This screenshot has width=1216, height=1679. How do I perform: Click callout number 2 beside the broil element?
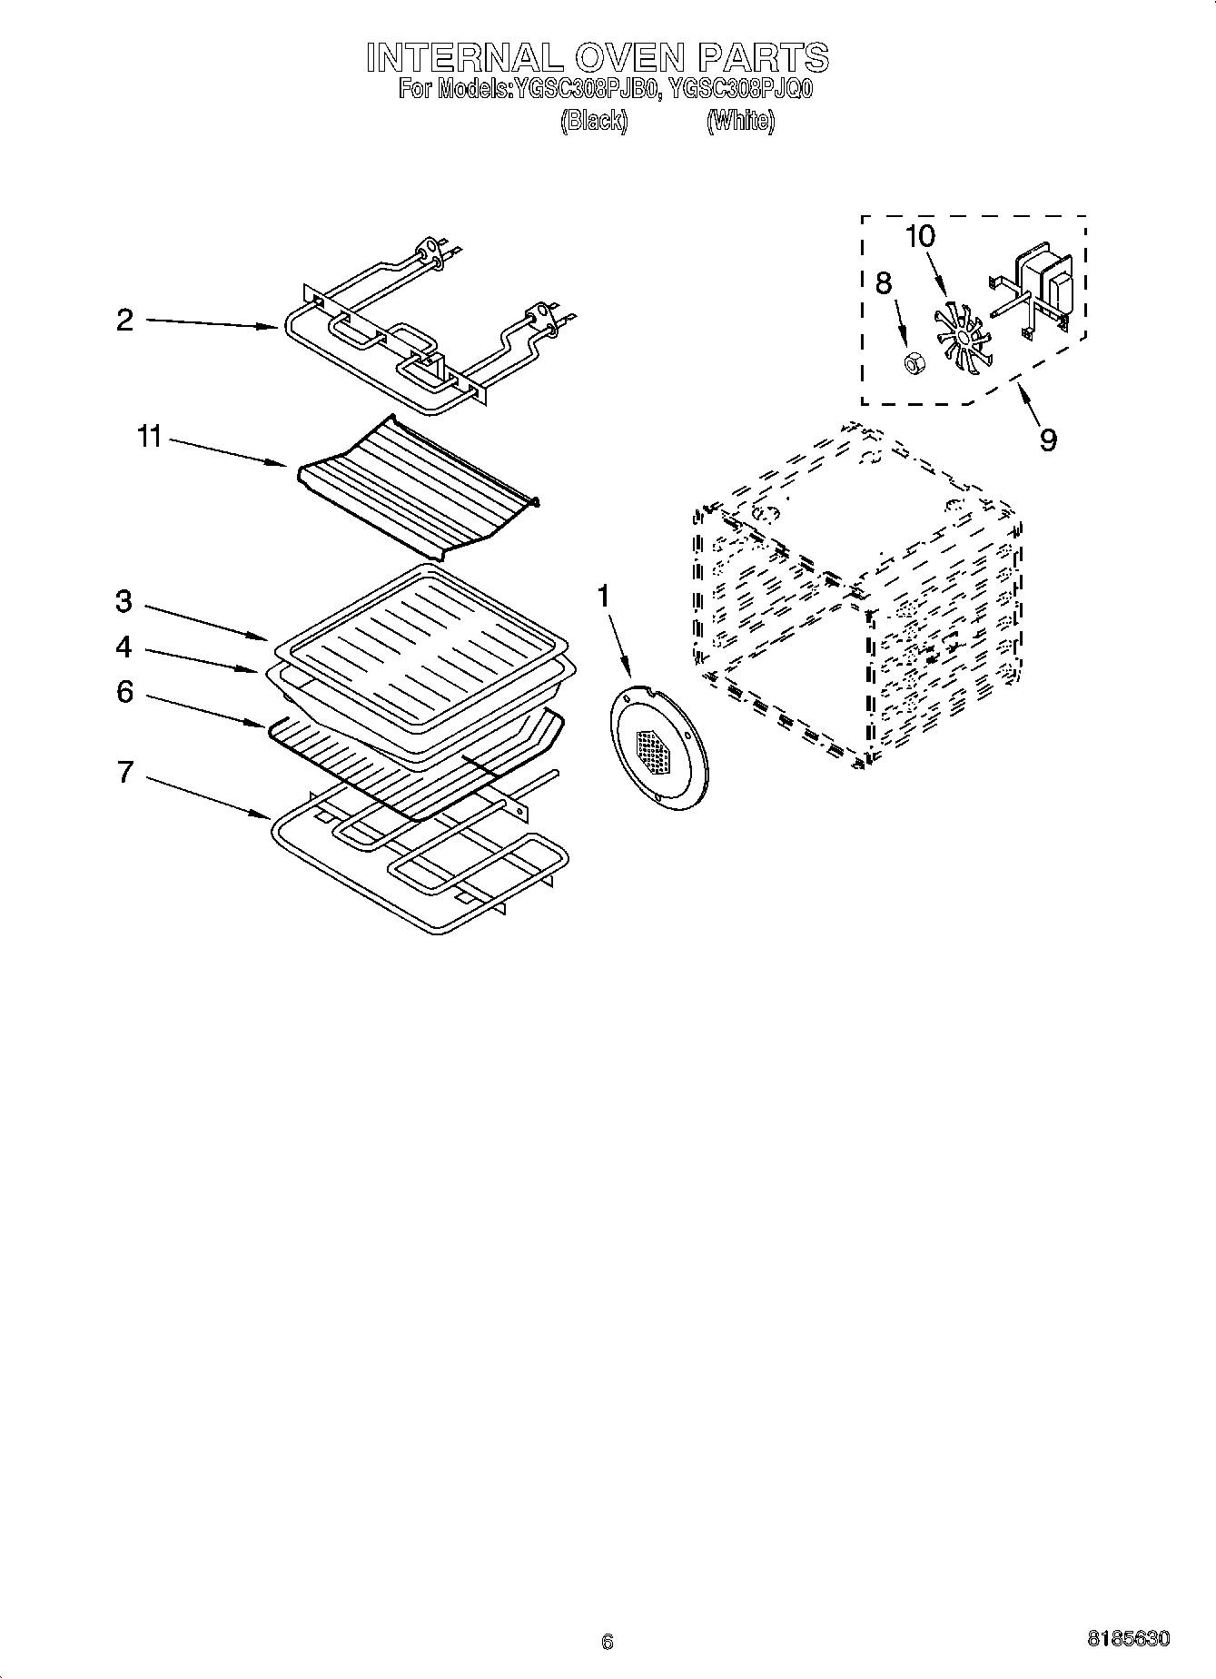click(x=124, y=320)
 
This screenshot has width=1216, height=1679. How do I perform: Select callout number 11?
click(x=149, y=437)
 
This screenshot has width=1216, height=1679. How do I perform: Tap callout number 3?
click(x=124, y=601)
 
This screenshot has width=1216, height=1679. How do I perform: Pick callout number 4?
click(x=124, y=647)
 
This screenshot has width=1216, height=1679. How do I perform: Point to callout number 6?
click(x=124, y=692)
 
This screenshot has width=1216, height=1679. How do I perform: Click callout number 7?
click(x=124, y=772)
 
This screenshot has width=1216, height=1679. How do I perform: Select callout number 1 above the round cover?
click(x=603, y=597)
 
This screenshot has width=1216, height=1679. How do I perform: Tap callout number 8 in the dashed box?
click(x=883, y=283)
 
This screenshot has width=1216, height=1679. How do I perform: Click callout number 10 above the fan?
click(x=919, y=236)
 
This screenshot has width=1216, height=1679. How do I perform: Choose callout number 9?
click(x=1048, y=440)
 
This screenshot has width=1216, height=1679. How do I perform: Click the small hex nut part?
click(x=913, y=363)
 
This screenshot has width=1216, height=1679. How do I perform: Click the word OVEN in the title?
click(x=626, y=58)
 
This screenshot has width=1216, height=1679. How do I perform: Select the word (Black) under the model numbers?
click(x=593, y=121)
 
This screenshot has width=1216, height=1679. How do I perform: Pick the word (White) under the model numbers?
click(x=740, y=121)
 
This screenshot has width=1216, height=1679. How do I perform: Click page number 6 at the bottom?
click(x=608, y=1641)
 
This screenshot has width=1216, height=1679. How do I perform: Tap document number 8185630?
click(x=1128, y=1639)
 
